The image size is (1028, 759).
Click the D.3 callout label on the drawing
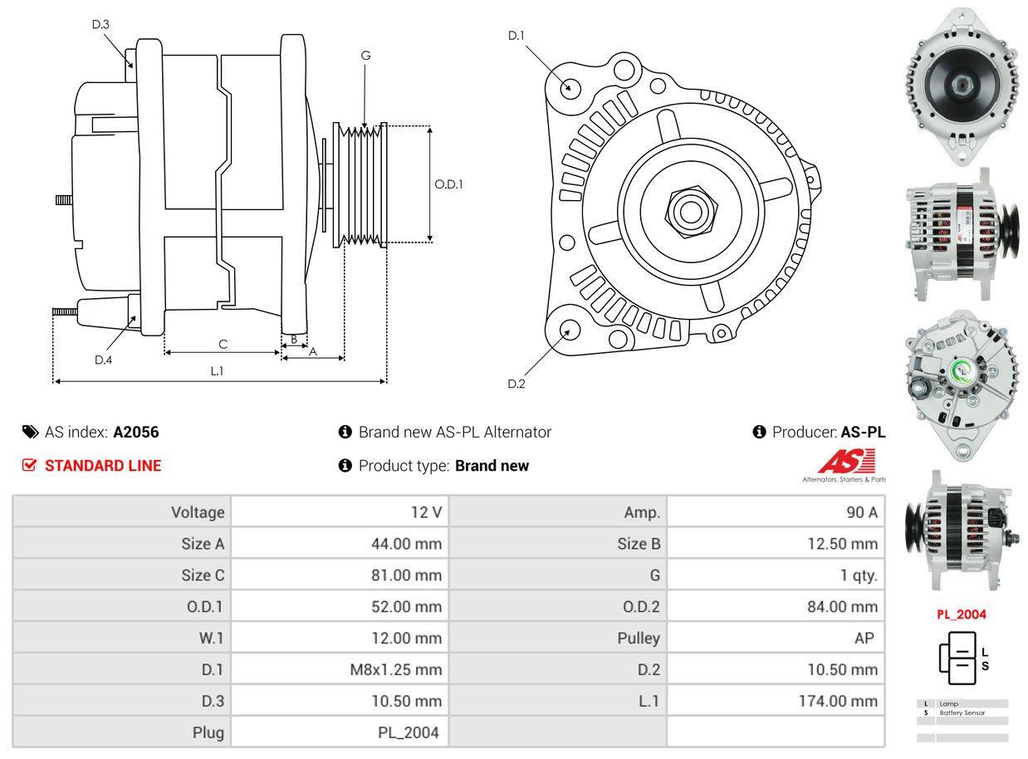click(100, 24)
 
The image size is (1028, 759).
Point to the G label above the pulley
click(365, 56)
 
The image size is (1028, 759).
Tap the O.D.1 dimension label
click(448, 184)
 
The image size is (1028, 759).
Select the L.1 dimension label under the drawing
click(217, 370)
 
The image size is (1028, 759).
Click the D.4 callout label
click(103, 360)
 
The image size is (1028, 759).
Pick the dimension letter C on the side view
click(223, 343)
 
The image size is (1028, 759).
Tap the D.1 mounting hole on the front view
click(570, 86)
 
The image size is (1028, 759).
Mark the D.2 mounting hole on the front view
click(569, 331)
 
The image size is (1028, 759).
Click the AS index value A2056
click(136, 432)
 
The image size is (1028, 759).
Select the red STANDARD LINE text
click(103, 466)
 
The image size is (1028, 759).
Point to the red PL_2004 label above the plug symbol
click(962, 615)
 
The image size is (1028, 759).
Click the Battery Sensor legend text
click(962, 712)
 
